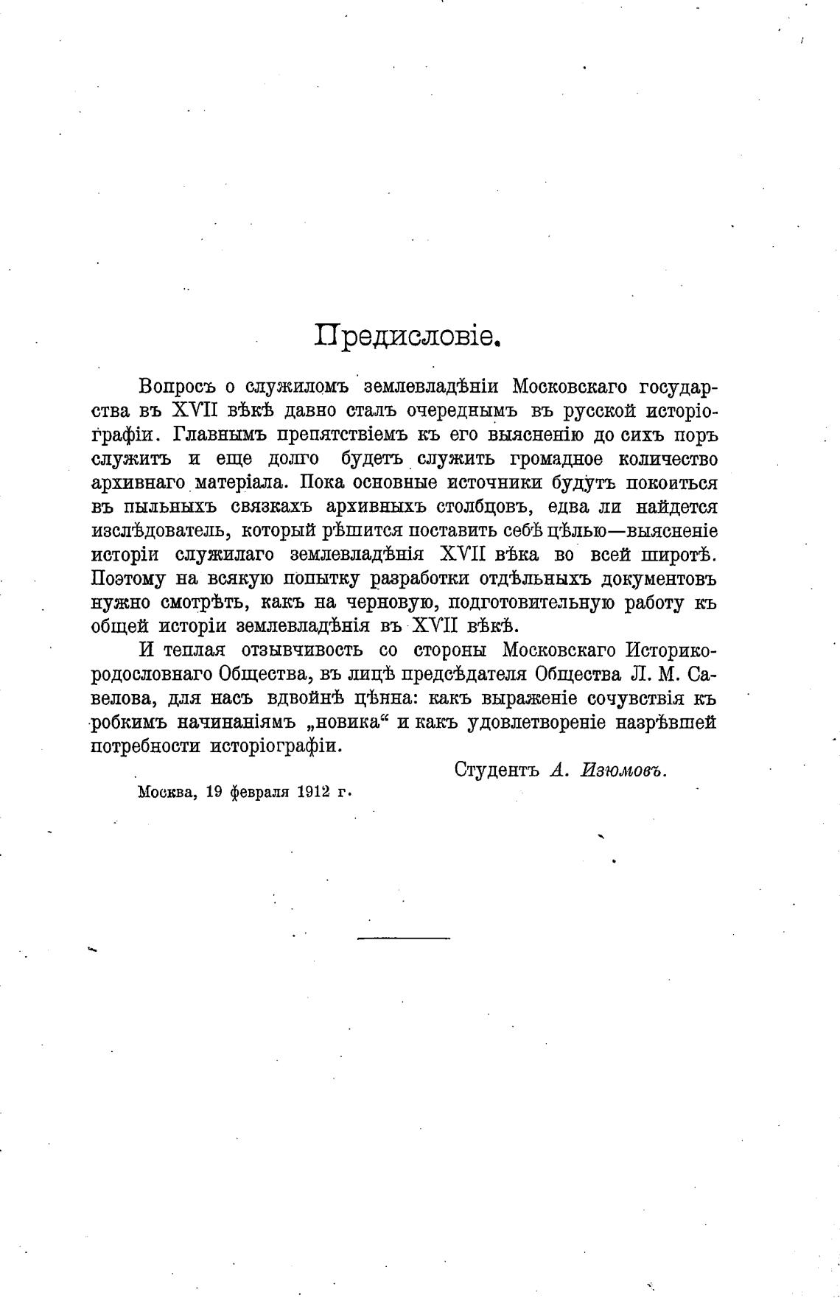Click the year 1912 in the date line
[x=314, y=793]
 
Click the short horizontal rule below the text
[x=403, y=938]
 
